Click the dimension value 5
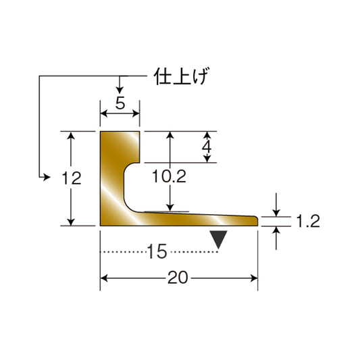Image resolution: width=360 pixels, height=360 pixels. [x=120, y=103]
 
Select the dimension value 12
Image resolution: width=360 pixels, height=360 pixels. [x=72, y=178]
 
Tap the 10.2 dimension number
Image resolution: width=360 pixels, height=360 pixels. [x=170, y=176]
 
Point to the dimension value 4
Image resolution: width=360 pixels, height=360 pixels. [x=207, y=147]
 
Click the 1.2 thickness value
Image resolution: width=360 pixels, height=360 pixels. [x=308, y=221]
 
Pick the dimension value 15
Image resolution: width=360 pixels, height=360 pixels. [x=157, y=251]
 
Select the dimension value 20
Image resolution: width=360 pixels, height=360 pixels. [x=178, y=278]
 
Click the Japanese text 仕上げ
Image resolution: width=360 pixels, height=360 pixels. [x=182, y=76]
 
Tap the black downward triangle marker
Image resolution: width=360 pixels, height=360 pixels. [x=219, y=239]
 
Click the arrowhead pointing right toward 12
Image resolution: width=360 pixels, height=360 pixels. [x=47, y=177]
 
